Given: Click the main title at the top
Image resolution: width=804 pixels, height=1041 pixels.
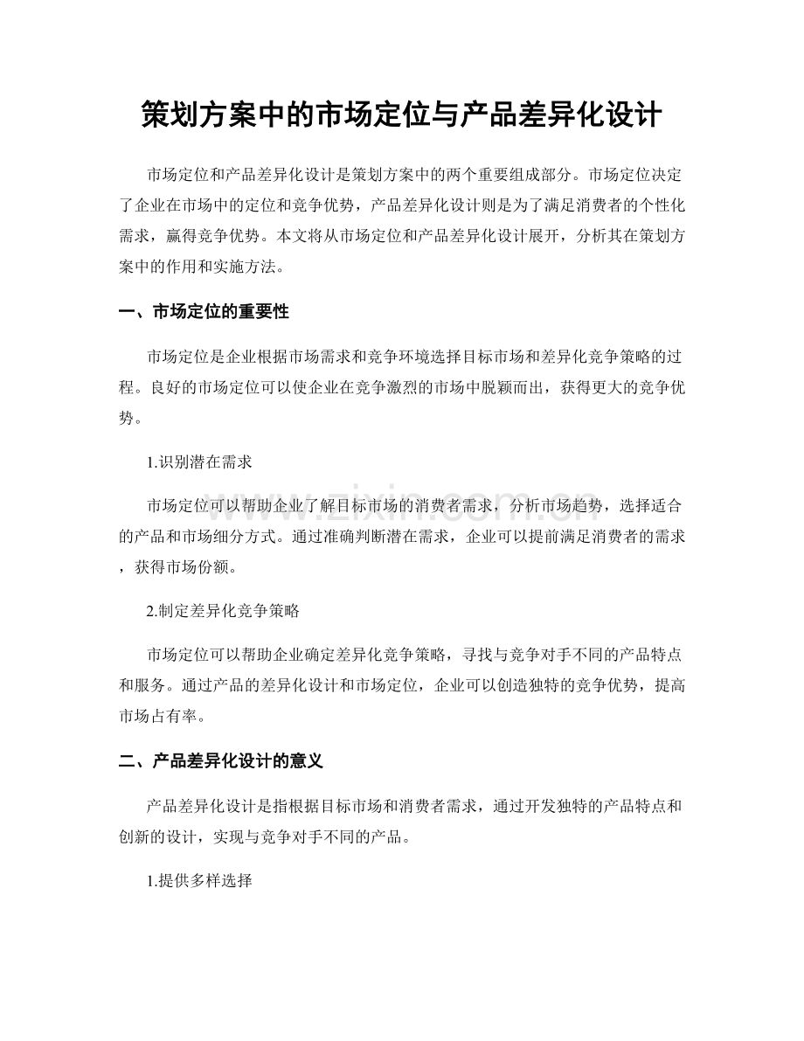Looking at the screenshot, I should (x=401, y=114).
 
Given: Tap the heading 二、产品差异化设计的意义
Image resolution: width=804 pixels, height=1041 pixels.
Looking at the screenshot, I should (x=220, y=761).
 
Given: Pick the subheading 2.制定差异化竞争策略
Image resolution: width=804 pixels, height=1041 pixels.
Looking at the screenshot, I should (x=224, y=612).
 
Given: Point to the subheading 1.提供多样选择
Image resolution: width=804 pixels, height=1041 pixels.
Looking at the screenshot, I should (x=200, y=882).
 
